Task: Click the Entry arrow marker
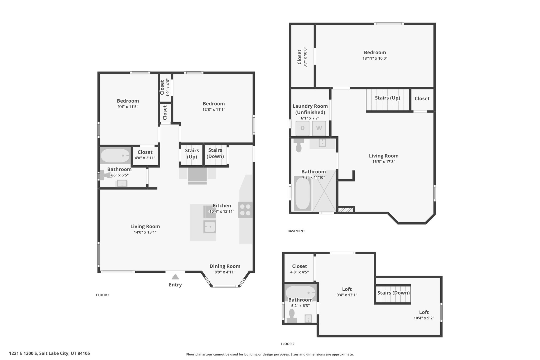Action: click(175, 277)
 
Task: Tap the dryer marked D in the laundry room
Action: click(302, 128)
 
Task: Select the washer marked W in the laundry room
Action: click(319, 128)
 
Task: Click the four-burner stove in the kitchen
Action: click(245, 210)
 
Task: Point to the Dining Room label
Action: click(225, 266)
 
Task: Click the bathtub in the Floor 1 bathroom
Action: click(115, 156)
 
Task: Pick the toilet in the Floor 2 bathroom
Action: click(292, 316)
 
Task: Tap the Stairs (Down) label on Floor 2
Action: click(393, 293)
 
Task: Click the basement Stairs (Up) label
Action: click(388, 98)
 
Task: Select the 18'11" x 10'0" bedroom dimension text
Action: click(375, 59)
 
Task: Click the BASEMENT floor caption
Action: click(296, 231)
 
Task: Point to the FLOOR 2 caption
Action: click(288, 344)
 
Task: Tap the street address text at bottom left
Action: click(50, 353)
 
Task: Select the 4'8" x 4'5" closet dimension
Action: click(300, 272)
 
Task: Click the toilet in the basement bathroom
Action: click(298, 146)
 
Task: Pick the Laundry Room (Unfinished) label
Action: click(310, 109)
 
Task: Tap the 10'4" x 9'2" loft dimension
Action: click(424, 318)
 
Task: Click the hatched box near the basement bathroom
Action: click(345, 210)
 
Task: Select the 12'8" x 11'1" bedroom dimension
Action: click(214, 109)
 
